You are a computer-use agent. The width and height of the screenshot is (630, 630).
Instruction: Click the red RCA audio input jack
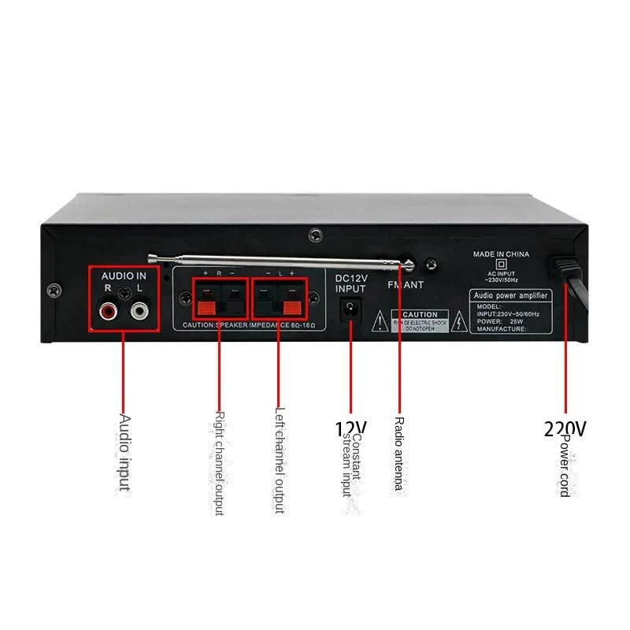tap(106, 312)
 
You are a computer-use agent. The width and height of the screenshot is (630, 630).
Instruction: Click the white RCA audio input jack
tap(139, 312)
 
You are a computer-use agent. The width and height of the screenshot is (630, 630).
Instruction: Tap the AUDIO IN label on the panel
tap(124, 276)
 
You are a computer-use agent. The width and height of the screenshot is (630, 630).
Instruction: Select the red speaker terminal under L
tap(292, 305)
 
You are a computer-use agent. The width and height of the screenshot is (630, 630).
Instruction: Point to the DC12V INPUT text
tap(350, 283)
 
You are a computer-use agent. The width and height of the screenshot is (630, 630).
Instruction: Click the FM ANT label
tap(406, 286)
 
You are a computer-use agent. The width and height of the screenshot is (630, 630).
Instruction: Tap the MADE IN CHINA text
tap(501, 254)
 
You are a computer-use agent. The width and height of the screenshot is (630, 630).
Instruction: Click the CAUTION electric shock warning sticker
tap(420, 321)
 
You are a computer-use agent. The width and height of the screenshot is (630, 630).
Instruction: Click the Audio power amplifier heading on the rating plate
tap(510, 295)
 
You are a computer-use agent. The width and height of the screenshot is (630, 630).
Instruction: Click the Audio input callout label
tap(124, 453)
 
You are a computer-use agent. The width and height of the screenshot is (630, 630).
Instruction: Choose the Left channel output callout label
tap(278, 459)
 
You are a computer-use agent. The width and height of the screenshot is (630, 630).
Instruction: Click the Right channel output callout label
tap(220, 463)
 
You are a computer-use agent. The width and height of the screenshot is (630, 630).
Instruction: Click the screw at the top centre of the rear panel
tap(316, 235)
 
